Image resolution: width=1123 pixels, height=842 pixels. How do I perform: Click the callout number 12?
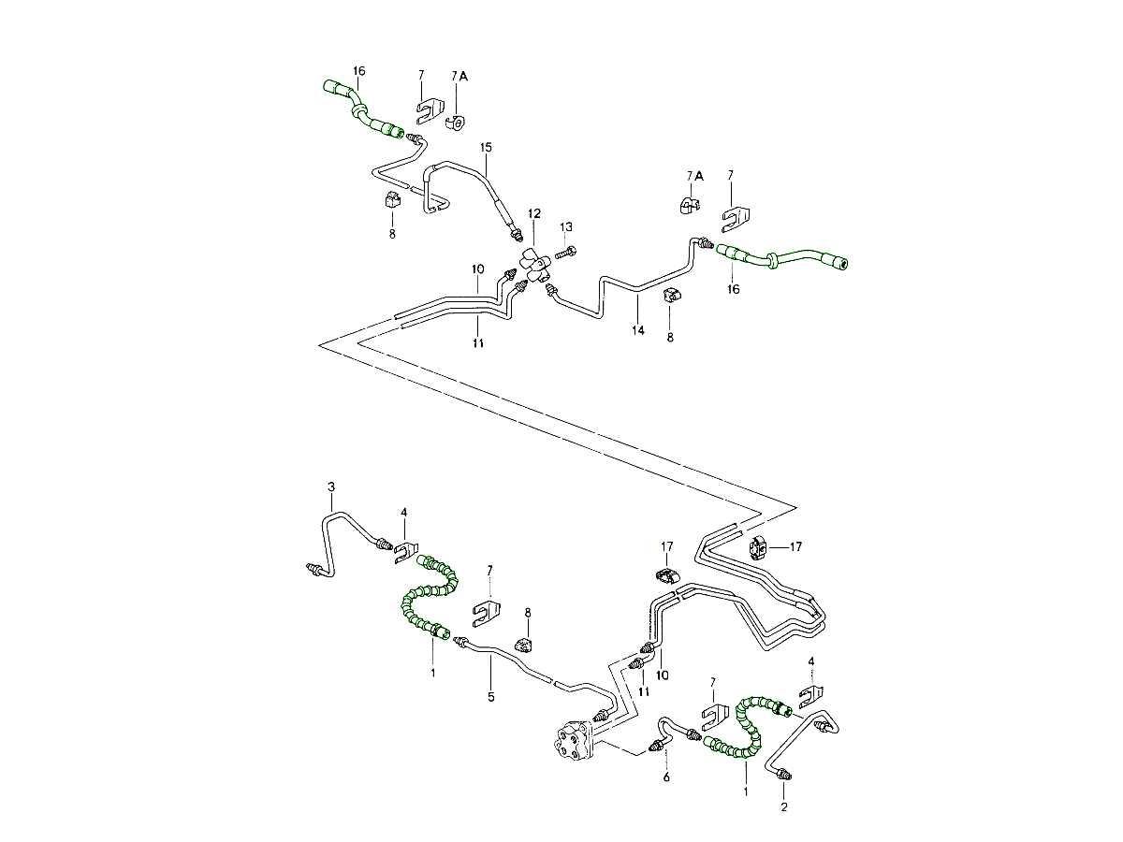[x=533, y=213]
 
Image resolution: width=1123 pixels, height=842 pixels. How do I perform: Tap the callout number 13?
[x=566, y=227]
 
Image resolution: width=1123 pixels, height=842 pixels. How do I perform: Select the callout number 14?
[x=638, y=331]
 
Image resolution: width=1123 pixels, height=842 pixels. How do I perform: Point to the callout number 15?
[x=486, y=148]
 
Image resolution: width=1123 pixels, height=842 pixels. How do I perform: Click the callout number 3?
[x=331, y=486]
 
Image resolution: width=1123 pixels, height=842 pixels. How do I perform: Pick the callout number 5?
[x=491, y=697]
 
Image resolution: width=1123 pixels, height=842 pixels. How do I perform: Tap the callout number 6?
[x=666, y=777]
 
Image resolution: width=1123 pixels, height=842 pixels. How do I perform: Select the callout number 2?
[x=784, y=807]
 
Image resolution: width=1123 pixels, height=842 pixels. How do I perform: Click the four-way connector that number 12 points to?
[x=535, y=265]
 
